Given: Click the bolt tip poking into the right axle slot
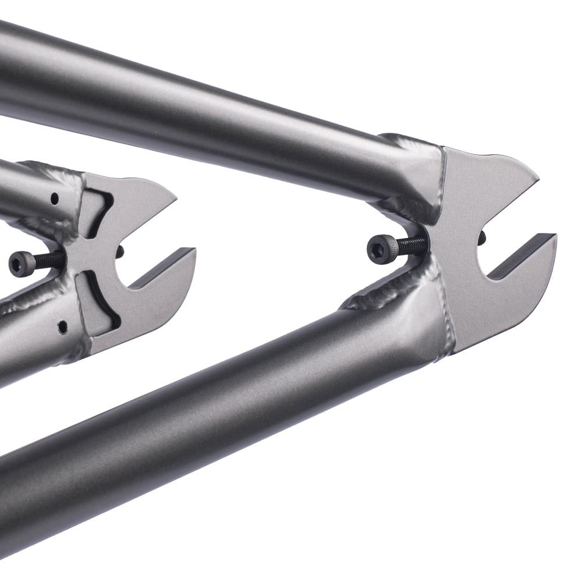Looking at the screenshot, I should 481,237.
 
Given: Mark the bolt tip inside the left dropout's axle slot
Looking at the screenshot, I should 120,251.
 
